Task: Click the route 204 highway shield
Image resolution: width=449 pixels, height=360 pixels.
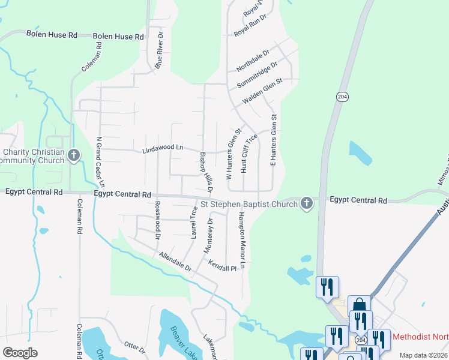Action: tap(342, 97)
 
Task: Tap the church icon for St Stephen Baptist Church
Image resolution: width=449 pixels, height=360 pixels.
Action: tap(306, 203)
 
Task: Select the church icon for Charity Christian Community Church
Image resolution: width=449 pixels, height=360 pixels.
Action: tap(73, 156)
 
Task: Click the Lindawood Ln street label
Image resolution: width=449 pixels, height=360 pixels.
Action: tap(162, 148)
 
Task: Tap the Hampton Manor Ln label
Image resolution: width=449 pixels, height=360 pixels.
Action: tap(242, 240)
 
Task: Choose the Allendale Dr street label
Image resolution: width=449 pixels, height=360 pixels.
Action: tap(175, 262)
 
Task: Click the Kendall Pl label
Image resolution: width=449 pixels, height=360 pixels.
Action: tap(223, 265)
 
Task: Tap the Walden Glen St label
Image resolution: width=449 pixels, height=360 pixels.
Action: tap(262, 91)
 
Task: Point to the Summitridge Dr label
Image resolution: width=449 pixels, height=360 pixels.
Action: tap(257, 74)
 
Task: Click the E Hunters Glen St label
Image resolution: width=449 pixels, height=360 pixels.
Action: tap(273, 140)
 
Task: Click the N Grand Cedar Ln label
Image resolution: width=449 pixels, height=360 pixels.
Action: tap(101, 161)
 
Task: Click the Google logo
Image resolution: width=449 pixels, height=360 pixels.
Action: tap(20, 352)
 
